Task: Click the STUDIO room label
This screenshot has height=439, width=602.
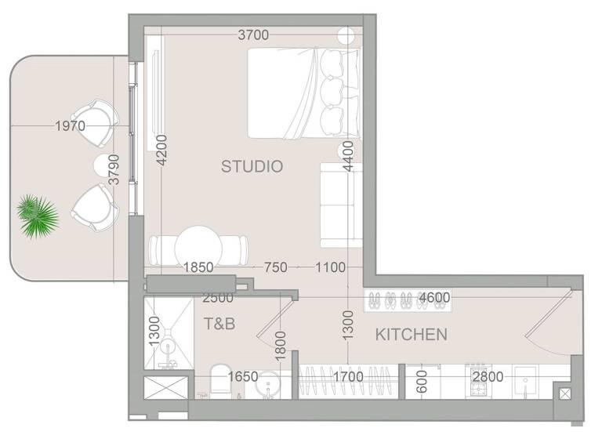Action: point(251,166)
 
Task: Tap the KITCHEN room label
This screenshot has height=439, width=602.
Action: point(412,335)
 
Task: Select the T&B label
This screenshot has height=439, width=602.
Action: point(219,323)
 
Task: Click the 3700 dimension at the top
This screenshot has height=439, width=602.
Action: point(253,34)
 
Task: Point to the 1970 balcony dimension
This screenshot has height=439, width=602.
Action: point(71,125)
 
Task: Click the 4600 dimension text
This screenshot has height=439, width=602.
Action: point(434,297)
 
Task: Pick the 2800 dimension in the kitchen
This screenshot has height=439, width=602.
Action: point(488,376)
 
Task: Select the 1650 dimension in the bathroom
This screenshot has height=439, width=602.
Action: point(243,377)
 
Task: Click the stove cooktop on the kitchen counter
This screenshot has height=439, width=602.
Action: point(477,369)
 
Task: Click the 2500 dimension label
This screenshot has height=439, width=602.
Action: point(217,299)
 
